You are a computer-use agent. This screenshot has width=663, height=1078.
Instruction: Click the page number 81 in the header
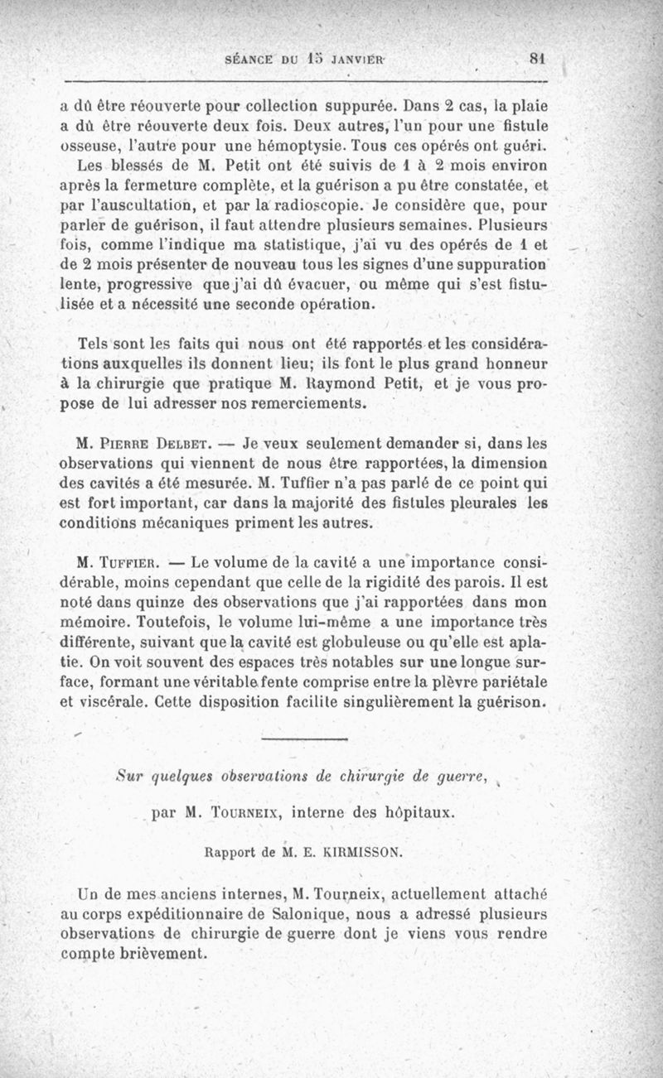539,59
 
